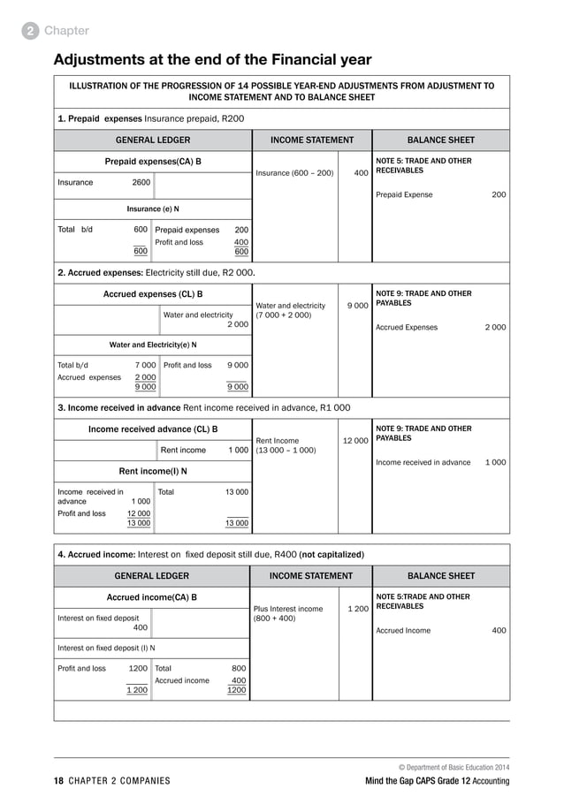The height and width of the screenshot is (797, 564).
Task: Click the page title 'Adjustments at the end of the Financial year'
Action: (212, 60)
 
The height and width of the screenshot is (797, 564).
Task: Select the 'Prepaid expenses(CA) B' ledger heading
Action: (153, 162)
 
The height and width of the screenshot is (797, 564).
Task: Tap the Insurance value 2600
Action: (141, 182)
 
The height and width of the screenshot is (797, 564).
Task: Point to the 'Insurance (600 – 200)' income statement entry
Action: (295, 173)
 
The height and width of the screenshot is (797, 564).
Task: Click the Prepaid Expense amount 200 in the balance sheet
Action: (499, 194)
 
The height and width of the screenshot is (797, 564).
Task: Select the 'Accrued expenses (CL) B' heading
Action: (153, 294)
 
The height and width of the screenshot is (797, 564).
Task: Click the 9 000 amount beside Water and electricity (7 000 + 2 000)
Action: (357, 306)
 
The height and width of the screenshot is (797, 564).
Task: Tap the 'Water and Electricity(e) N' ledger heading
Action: (153, 345)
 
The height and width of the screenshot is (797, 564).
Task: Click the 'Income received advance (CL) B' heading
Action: (153, 429)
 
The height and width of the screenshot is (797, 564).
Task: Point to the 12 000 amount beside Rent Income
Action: (354, 440)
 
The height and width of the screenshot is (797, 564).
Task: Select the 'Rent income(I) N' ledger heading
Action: (153, 470)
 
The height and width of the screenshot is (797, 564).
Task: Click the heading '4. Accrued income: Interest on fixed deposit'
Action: (210, 555)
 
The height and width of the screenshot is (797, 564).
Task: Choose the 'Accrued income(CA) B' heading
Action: (152, 597)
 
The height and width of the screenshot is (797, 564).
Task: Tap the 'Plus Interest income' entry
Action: (288, 609)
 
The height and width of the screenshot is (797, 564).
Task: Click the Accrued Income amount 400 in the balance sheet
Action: (499, 631)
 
